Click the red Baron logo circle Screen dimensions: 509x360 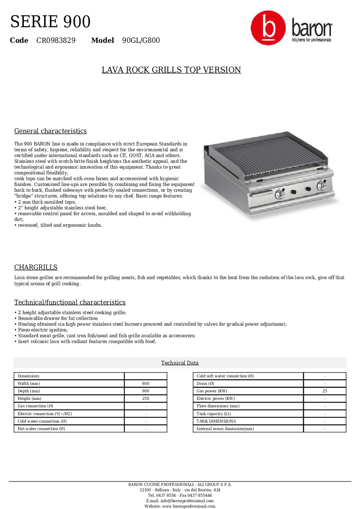point(268,28)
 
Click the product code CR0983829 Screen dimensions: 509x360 point(56,40)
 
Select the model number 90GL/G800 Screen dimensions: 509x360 point(141,40)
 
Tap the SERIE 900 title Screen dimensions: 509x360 point(50,22)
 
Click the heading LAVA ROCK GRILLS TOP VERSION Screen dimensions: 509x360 point(171,70)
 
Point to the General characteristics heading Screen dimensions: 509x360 point(50,131)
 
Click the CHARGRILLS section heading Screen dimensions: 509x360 point(36,267)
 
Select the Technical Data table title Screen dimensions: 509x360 point(180,363)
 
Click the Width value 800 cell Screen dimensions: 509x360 point(146,384)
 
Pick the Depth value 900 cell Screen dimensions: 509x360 point(146,391)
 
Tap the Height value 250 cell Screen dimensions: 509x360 point(146,398)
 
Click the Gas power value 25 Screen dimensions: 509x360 point(325,391)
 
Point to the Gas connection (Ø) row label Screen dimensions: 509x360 point(35,406)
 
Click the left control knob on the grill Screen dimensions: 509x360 point(279,194)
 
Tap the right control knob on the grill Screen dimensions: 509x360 point(321,186)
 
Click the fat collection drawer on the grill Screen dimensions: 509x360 point(261,195)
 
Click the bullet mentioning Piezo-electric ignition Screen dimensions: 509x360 point(43,330)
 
